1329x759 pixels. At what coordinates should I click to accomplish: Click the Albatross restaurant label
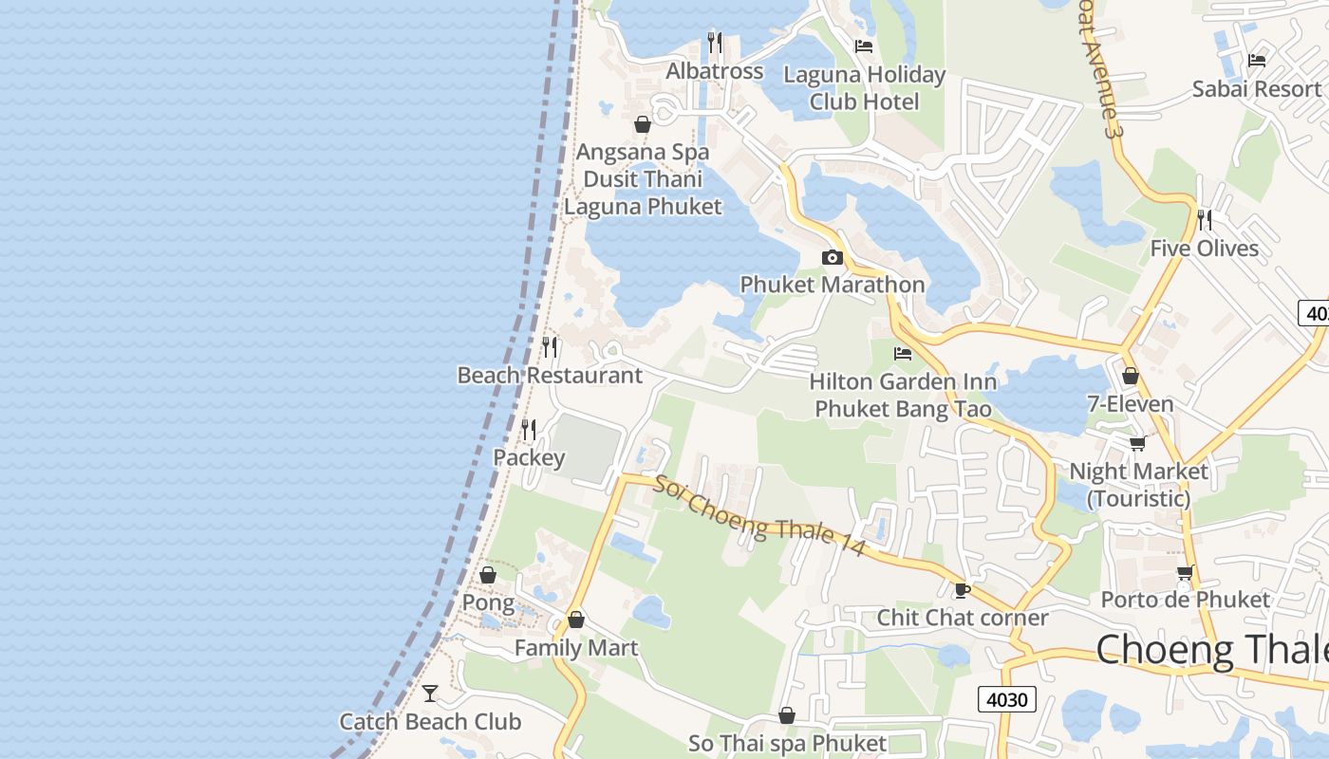714,71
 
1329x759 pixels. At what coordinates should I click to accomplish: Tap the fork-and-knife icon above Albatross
714,43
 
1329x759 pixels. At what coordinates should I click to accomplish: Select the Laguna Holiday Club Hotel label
864,87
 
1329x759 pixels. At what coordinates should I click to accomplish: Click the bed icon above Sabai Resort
1257,61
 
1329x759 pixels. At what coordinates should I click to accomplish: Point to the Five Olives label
1204,249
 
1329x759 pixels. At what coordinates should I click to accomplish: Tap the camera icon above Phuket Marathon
832,257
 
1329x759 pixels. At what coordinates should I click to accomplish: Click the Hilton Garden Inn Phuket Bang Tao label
903,396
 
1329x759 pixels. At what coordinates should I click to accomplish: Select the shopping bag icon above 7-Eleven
1130,376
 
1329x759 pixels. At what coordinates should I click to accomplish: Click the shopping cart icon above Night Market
1137,443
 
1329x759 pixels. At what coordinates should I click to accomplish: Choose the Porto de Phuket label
1185,600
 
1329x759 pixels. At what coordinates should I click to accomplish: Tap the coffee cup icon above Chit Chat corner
962,590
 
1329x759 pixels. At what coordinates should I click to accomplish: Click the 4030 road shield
1006,699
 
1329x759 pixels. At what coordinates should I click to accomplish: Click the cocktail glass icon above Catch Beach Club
430,694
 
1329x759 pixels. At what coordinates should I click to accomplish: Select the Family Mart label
576,648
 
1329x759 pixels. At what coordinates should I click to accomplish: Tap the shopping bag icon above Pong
488,575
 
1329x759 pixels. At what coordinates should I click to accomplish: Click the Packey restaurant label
529,457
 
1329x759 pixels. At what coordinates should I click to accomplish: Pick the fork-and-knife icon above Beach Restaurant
550,346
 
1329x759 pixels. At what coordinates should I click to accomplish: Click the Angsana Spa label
643,152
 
